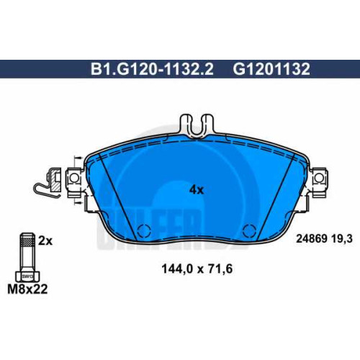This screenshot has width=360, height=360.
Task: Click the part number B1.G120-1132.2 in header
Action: coord(152,69)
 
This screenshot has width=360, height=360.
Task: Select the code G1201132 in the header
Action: coord(271,69)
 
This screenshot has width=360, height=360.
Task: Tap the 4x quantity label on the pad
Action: coord(197,190)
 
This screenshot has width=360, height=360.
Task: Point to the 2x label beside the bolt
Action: coord(45,240)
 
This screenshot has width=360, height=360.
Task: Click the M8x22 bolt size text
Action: coord(27,289)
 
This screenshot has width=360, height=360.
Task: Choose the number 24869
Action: coord(312,239)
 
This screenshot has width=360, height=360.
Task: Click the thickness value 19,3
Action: coord(342,239)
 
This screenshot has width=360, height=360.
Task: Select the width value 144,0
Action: coord(177,269)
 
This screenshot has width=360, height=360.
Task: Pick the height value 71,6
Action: coord(220,269)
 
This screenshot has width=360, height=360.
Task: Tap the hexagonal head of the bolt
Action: coord(27,276)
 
